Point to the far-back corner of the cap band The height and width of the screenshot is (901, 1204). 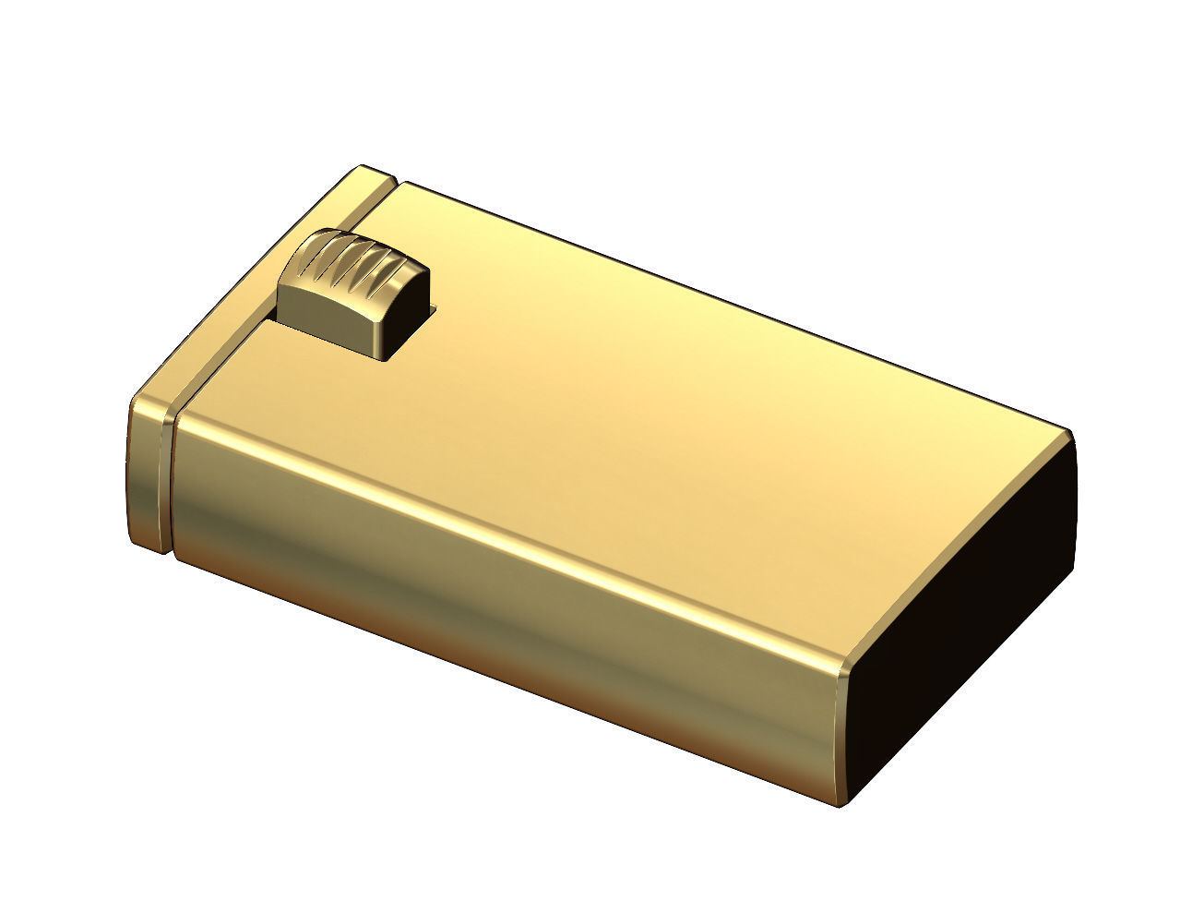tap(364, 169)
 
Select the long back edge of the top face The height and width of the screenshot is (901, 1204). tap(738, 305)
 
